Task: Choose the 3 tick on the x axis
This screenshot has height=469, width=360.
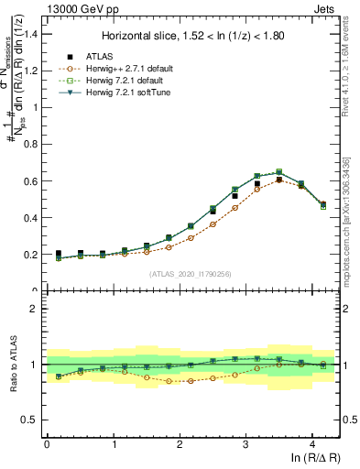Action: (245, 443)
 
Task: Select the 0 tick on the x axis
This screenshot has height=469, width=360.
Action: (47, 443)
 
